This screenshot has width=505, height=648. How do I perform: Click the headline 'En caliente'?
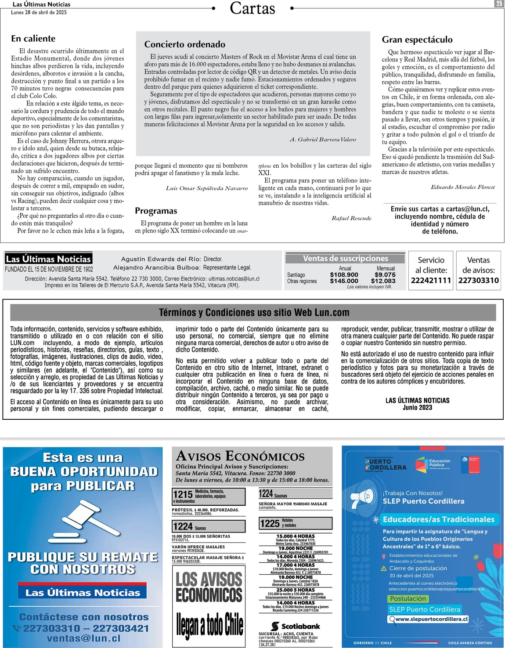[x=33, y=39]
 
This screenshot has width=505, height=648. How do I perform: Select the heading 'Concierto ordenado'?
[x=185, y=44]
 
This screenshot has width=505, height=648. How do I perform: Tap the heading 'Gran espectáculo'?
[x=417, y=40]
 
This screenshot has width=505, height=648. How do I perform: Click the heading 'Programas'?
[x=156, y=211]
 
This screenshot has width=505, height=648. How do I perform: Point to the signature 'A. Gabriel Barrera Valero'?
[x=323, y=140]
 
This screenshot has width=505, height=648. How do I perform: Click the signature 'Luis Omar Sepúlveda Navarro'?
[x=207, y=188]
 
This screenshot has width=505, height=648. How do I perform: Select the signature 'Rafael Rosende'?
[x=351, y=218]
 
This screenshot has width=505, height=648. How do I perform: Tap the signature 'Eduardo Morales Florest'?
[x=462, y=187]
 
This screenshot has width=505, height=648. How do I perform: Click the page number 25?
[x=499, y=4]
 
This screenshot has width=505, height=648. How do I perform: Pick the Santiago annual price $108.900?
[x=344, y=275]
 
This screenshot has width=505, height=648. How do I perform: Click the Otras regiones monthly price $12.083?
[x=383, y=281]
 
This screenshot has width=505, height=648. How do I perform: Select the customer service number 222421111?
[x=431, y=280]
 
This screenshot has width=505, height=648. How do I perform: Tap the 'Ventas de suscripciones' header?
[x=345, y=259]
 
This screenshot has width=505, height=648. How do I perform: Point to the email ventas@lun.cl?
[x=83, y=638]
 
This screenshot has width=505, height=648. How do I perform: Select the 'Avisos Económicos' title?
[x=240, y=456]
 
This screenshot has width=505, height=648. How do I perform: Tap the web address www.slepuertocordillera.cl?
[x=432, y=619]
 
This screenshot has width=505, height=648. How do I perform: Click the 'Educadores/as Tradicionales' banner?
[x=438, y=519]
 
